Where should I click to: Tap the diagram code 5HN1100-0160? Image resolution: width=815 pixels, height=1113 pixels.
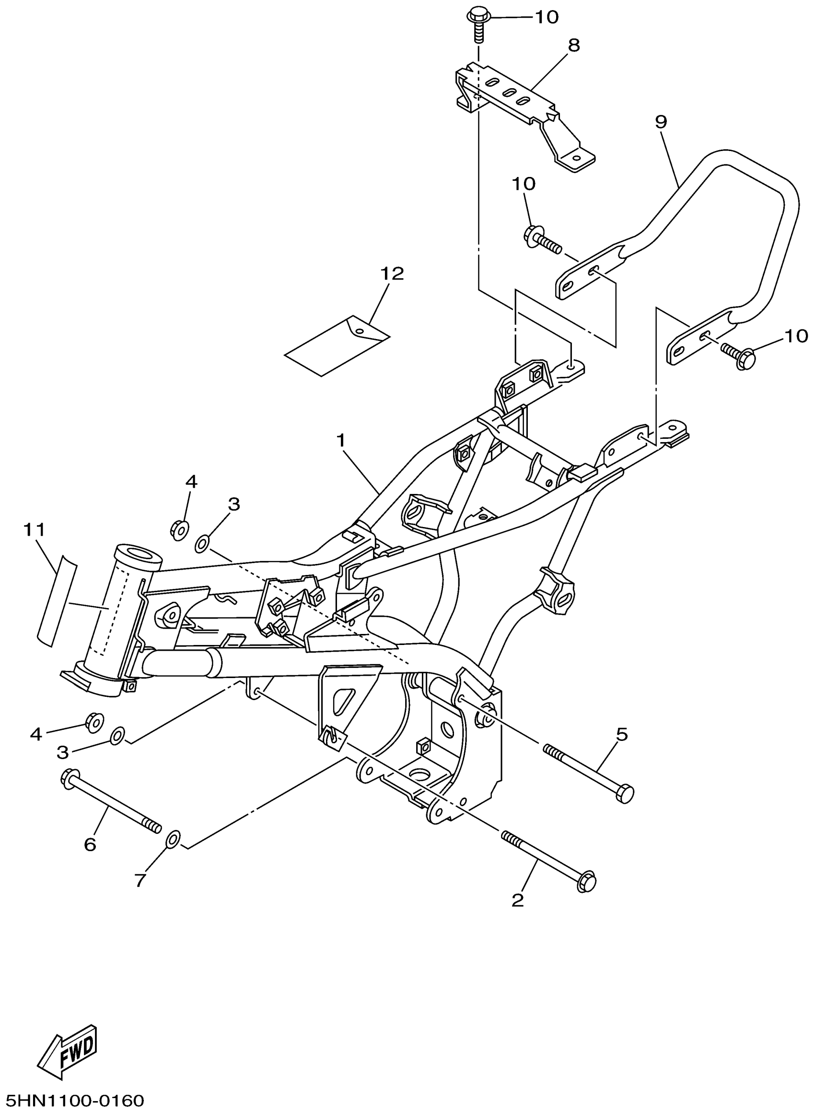click(73, 1100)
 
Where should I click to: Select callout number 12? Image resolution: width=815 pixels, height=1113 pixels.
click(392, 274)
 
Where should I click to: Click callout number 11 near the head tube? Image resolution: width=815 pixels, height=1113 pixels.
click(34, 530)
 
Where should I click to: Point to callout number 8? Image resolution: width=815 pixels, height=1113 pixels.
click(574, 46)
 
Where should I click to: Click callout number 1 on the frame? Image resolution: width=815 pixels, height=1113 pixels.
click(340, 441)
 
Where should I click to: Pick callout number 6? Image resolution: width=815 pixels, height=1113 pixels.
click(90, 844)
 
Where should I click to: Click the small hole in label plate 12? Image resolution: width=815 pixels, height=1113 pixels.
click(360, 330)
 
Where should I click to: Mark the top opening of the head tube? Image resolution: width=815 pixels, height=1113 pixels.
click(139, 553)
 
